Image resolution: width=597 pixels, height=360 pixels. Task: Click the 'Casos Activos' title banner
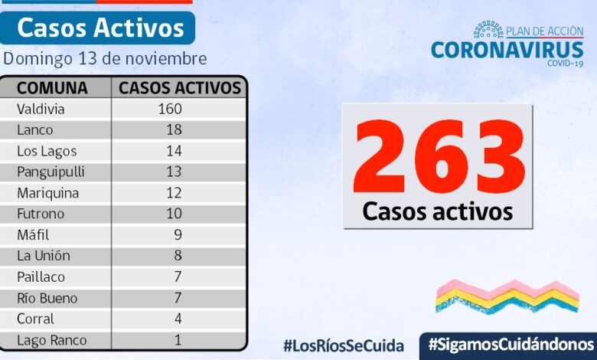pos(99,28)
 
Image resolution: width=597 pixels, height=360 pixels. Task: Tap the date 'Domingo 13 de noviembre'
pos(105,58)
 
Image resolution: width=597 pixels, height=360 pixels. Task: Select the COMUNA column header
pos(52,87)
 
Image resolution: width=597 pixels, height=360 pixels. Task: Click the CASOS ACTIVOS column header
pos(180,87)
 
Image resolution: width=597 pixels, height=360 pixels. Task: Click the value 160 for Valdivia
pos(169,109)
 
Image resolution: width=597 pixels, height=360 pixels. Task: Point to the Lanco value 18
pos(174,129)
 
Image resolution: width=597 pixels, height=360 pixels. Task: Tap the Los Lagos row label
pos(47,151)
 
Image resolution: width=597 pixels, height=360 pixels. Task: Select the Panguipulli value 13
pos(174,172)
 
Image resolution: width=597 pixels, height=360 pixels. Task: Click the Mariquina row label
pos(47,193)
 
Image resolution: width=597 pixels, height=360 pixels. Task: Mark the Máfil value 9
pos(178,235)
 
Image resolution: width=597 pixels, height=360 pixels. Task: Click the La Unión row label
pos(43,256)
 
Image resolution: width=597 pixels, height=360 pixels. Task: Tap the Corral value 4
pos(178,319)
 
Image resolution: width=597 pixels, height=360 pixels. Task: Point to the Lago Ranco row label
pos(51,340)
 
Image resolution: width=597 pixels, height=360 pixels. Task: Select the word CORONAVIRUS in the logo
pos(507,49)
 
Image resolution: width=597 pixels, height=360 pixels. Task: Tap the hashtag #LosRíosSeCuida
pos(343,345)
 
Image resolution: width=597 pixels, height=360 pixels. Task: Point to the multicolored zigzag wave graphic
pos(507,296)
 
